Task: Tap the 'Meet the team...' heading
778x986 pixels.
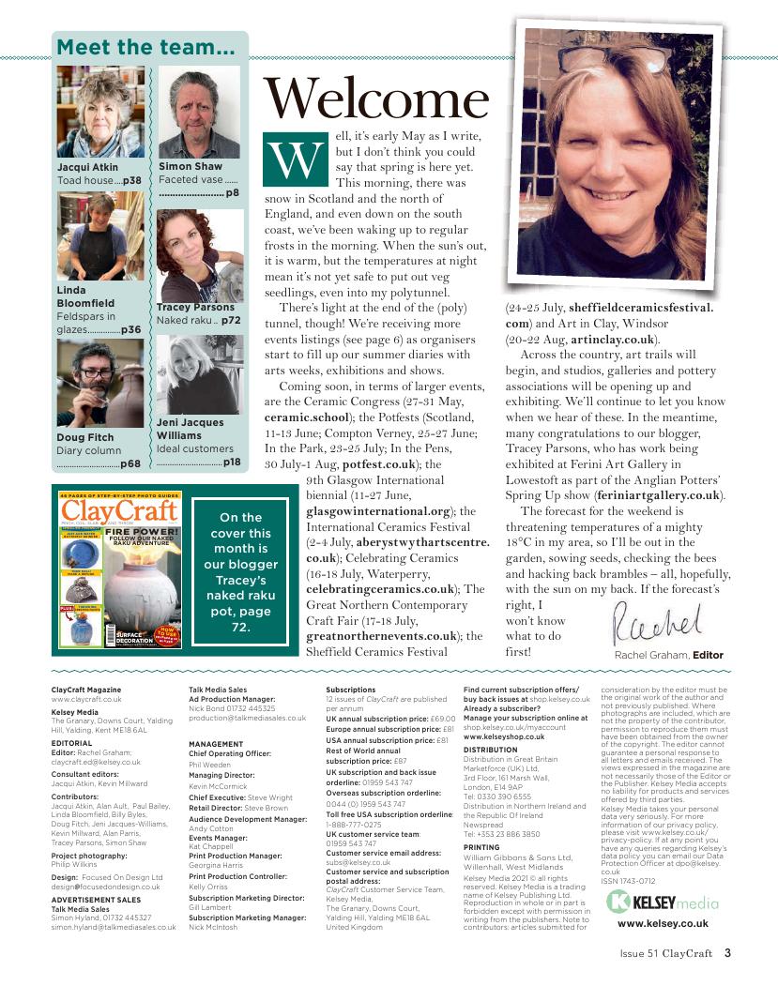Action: [x=145, y=48]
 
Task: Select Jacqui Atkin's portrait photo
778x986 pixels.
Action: [x=100, y=113]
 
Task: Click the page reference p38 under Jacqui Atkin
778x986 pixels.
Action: [x=132, y=180]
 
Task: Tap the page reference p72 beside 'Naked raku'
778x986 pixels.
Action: [x=231, y=320]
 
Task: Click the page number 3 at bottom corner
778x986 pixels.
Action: [x=726, y=956]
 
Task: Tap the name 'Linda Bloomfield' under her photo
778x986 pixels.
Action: [x=86, y=297]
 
